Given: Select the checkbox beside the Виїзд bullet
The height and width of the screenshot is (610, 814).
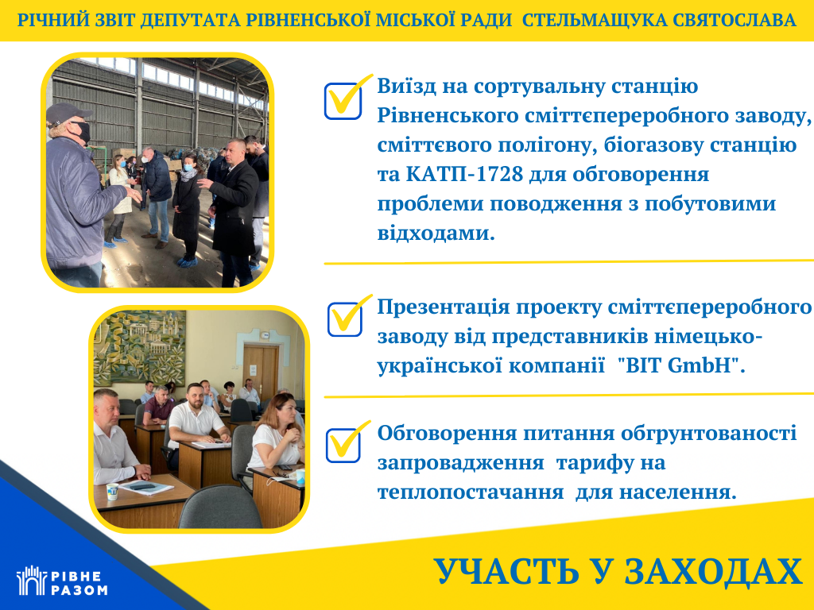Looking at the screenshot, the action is [343, 101].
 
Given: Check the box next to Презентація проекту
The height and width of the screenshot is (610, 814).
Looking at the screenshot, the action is [345, 319].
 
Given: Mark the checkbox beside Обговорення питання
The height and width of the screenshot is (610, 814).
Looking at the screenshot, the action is [343, 445].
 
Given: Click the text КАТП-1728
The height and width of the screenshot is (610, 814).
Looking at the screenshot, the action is [463, 174].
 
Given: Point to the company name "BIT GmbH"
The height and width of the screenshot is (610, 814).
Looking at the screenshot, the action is [681, 365].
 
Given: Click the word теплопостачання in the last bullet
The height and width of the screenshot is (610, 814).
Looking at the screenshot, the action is [470, 492].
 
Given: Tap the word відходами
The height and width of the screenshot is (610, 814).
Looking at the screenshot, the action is [436, 234].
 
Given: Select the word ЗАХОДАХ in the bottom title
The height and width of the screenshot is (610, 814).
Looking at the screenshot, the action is [713, 572].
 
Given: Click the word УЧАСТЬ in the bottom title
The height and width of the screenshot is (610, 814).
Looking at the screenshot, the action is [506, 572].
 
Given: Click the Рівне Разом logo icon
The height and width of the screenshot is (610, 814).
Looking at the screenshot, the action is [31, 580].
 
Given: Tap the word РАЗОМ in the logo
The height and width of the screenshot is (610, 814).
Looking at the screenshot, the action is [79, 590].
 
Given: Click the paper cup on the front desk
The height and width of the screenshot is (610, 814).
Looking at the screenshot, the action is [112, 491].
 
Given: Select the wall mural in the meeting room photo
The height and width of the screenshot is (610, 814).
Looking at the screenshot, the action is [140, 346].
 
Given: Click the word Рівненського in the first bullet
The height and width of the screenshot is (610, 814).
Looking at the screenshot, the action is [448, 116].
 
